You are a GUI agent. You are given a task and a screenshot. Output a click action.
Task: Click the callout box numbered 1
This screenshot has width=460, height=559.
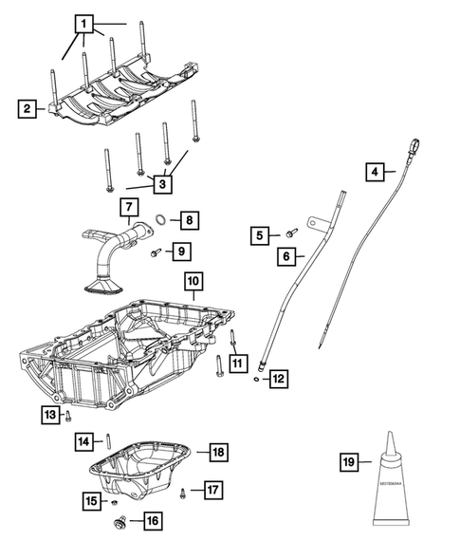(85, 23)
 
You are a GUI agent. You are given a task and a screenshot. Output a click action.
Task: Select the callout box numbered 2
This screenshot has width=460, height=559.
(29, 109)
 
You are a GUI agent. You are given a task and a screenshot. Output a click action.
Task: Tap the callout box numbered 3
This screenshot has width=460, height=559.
(163, 184)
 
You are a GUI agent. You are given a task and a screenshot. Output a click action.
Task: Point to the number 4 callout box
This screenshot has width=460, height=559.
(377, 172)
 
